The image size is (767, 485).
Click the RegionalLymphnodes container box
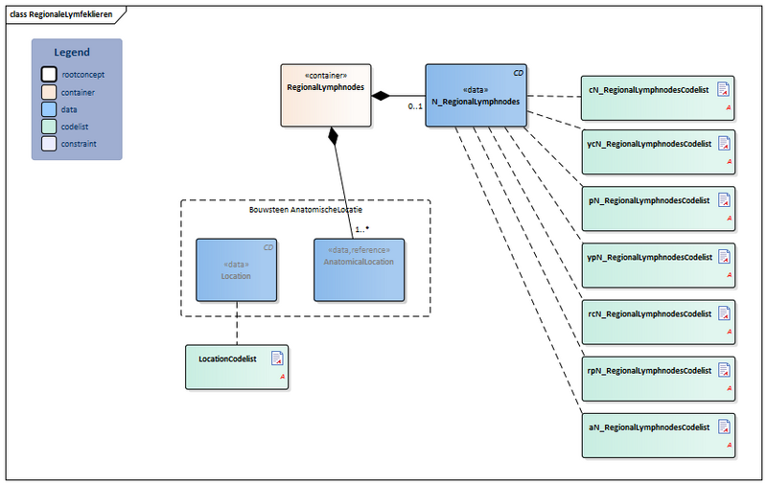[325, 95]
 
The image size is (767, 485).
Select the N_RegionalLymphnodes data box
[476, 95]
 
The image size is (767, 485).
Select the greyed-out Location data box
[236, 270]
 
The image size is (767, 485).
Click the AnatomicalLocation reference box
[359, 270]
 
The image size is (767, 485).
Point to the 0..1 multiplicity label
[415, 106]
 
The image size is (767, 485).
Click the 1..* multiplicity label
[362, 229]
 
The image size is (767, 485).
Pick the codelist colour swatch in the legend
[49, 127]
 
